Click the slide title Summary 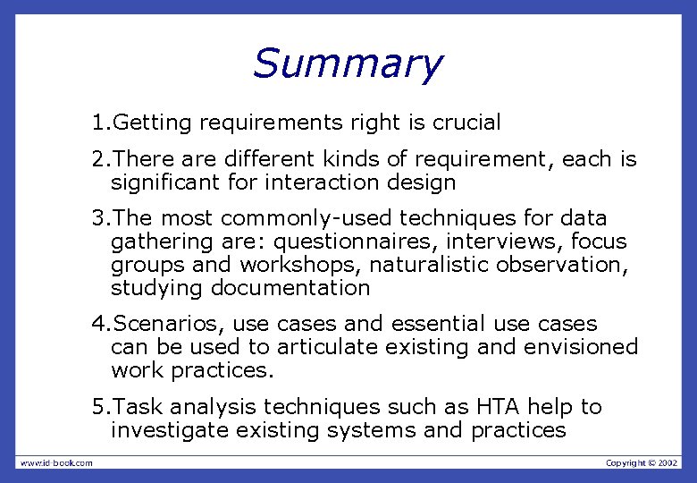point(347,64)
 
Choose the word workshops point(287,265)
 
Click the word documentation point(290,288)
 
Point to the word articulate point(325,346)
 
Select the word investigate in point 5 point(166,430)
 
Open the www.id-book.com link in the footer point(55,462)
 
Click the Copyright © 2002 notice point(642,462)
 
